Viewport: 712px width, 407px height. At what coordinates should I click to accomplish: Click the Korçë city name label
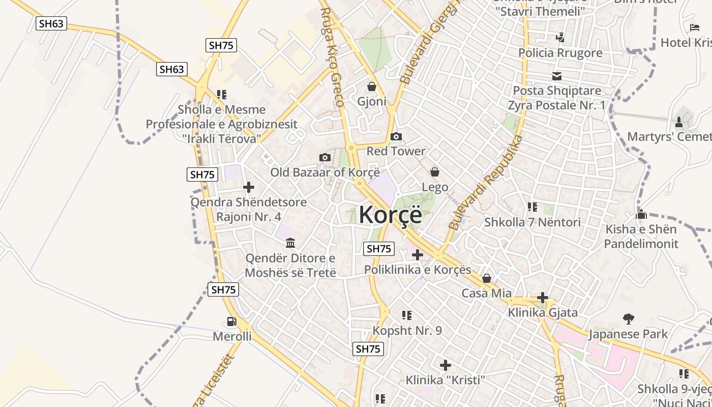tap(390, 215)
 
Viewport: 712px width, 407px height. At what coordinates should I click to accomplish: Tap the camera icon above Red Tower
tap(396, 136)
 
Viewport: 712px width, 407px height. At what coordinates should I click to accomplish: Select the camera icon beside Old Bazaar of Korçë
tap(325, 157)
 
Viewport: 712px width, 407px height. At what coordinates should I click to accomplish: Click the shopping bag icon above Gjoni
tap(372, 86)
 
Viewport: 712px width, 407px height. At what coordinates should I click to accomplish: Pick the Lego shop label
tap(435, 187)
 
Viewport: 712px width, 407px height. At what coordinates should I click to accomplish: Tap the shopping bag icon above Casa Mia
tap(487, 278)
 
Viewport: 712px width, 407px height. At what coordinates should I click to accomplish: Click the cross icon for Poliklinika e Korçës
tap(418, 254)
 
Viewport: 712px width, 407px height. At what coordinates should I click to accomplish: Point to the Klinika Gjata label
tap(543, 312)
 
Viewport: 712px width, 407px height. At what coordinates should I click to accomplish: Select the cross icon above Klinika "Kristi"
tap(446, 365)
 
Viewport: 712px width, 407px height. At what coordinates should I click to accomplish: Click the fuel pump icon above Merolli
tap(232, 322)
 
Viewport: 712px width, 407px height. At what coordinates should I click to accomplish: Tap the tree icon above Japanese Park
tap(629, 319)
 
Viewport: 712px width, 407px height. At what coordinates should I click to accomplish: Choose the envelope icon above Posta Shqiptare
tap(557, 76)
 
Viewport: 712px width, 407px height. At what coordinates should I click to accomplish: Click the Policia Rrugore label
tap(560, 53)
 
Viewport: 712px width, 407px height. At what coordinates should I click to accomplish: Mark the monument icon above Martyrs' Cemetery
tap(679, 122)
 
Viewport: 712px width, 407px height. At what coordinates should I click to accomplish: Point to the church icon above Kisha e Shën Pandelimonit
tap(641, 214)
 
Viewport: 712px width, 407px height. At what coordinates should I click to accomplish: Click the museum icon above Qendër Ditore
tap(290, 243)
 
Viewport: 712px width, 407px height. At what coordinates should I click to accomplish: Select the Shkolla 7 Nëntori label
tap(532, 222)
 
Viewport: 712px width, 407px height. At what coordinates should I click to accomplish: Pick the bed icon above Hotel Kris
tap(695, 27)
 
